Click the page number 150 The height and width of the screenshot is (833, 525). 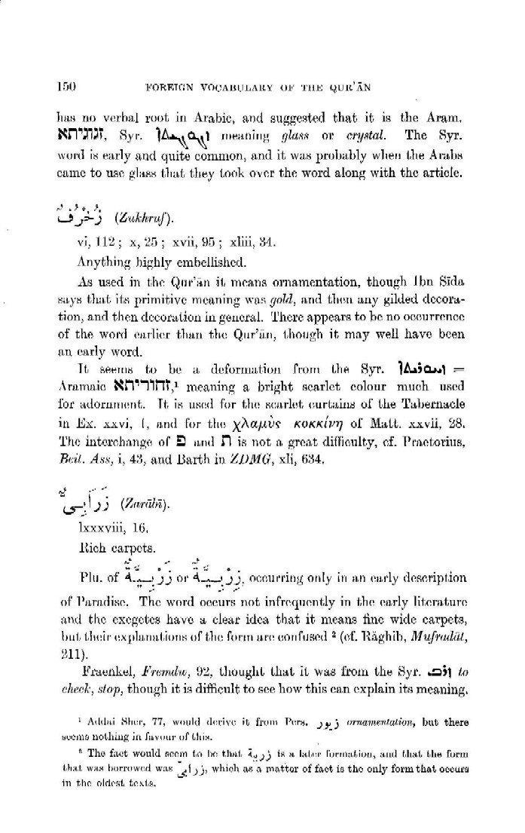(63, 86)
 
